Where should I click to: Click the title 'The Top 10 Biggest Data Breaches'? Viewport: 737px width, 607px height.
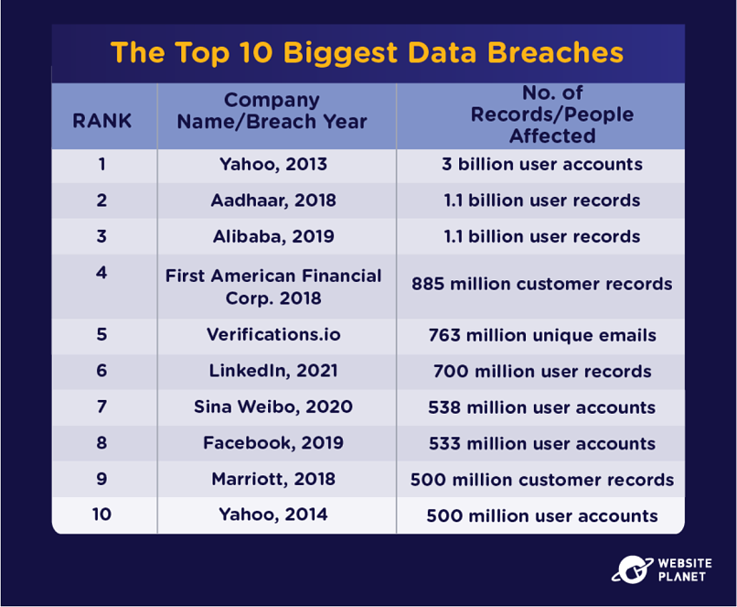tap(367, 53)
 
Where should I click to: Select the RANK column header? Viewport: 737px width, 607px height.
tap(102, 121)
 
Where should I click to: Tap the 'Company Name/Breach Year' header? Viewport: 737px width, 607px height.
tap(272, 111)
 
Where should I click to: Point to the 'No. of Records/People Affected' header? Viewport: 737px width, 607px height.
tap(552, 114)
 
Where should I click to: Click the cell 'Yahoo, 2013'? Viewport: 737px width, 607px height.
tap(273, 165)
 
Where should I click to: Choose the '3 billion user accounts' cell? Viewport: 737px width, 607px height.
tap(542, 164)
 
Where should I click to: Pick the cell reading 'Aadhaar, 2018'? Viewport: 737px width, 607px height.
tap(273, 201)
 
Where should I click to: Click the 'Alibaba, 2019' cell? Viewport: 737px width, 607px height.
tap(273, 236)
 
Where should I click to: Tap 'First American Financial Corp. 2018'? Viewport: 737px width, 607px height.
tap(273, 287)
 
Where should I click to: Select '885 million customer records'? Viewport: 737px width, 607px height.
tap(542, 284)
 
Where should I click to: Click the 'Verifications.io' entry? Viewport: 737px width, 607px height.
tap(273, 334)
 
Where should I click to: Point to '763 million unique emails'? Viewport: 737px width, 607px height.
tap(542, 335)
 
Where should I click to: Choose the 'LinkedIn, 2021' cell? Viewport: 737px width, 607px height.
tap(273, 371)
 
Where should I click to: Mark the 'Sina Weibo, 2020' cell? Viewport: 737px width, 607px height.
tap(273, 406)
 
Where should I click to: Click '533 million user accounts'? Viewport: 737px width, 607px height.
tap(542, 443)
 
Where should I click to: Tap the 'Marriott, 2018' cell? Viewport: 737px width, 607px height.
tap(273, 479)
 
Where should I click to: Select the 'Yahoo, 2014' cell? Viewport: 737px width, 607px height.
tap(273, 515)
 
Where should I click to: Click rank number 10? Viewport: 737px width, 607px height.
tap(102, 515)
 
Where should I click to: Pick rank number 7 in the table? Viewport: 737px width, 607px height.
tap(102, 406)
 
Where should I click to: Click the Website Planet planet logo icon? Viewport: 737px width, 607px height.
tap(632, 569)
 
